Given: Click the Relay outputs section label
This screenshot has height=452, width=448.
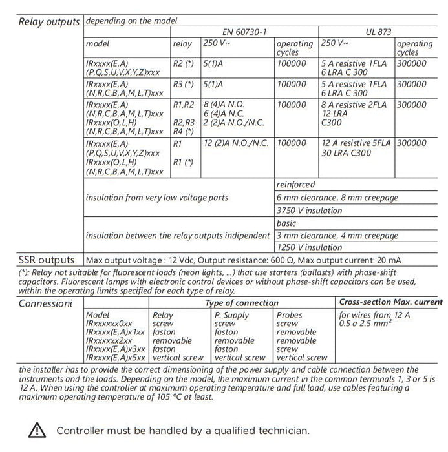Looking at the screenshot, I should click(x=48, y=21).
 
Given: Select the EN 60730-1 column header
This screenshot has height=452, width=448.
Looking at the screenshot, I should click(x=239, y=31).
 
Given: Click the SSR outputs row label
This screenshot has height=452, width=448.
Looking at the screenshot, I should click(x=46, y=260).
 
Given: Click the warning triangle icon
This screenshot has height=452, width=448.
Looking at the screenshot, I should click(x=37, y=429).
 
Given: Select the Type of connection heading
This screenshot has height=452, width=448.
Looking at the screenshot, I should click(x=242, y=303).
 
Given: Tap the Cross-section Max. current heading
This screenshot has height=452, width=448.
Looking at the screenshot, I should click(x=390, y=302).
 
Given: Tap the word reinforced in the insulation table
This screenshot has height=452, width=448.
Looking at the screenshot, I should click(x=296, y=185).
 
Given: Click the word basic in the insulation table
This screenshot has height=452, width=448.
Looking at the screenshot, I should click(x=286, y=223).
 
